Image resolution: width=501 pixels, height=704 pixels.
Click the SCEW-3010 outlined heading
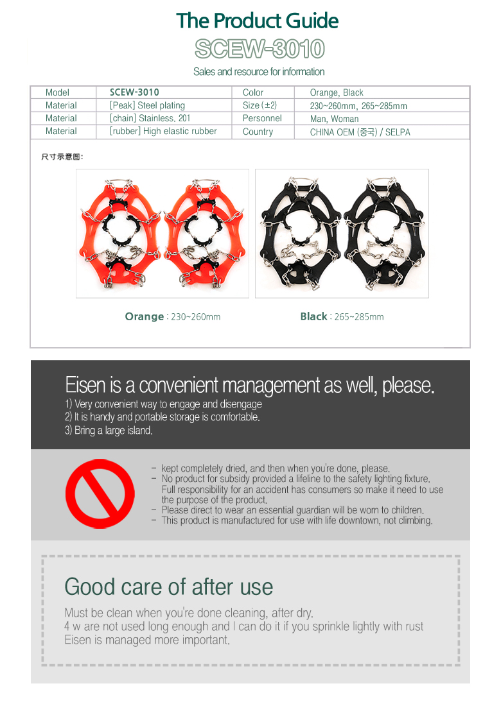[x=259, y=49]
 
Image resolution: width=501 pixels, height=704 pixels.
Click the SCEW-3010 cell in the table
[x=134, y=92]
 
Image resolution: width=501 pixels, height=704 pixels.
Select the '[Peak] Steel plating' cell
[x=147, y=105]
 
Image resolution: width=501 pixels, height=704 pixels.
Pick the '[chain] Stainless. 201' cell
[x=150, y=118]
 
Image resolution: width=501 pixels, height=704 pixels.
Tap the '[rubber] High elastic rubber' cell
[x=163, y=131]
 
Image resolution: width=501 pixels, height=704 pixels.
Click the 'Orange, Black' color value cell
[x=337, y=92]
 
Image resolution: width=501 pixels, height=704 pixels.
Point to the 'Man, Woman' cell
[x=334, y=119]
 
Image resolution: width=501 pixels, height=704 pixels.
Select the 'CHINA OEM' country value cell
[x=360, y=132]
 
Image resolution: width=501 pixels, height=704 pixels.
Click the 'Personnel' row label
[x=262, y=118]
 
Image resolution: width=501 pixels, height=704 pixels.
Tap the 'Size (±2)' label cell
[x=259, y=105]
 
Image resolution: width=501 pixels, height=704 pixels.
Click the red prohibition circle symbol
[x=100, y=494]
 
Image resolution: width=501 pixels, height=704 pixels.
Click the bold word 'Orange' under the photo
[x=145, y=316]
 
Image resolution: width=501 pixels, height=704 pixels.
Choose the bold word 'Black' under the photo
[x=313, y=316]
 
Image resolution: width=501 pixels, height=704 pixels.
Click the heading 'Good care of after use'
[x=168, y=587]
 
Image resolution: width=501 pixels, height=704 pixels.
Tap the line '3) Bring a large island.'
[x=109, y=430]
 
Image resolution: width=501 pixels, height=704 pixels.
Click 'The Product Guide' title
[x=258, y=21]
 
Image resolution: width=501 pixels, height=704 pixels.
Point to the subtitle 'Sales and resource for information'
[x=259, y=71]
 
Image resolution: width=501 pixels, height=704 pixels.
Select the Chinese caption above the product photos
[x=62, y=157]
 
